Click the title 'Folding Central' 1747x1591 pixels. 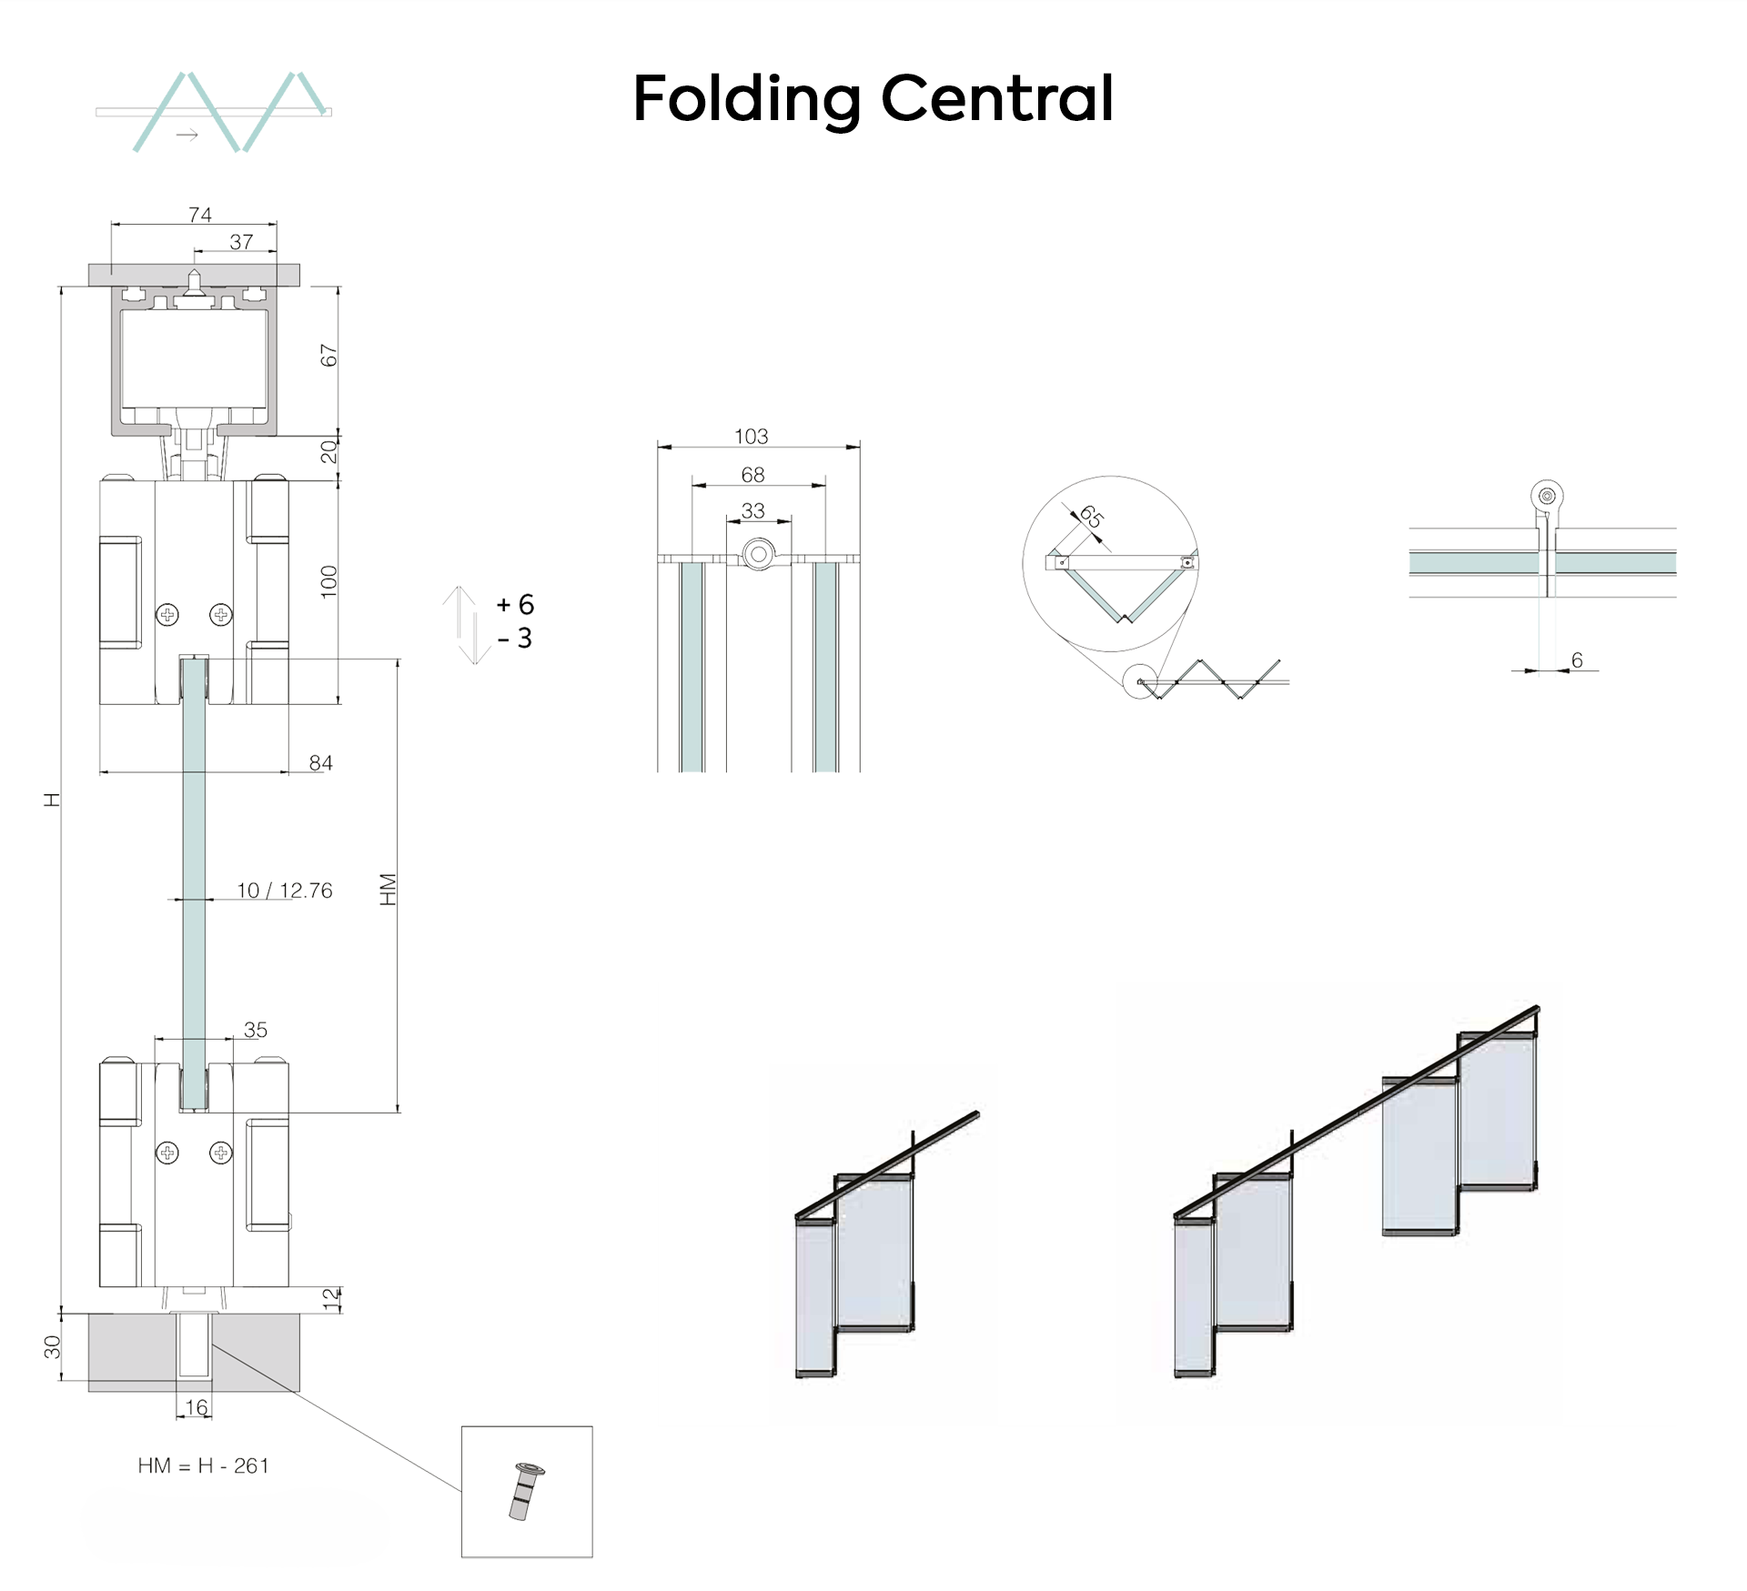coord(873,100)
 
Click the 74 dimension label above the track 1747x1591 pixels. coord(200,215)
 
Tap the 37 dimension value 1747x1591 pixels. coord(241,242)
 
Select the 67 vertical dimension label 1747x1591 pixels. coord(328,356)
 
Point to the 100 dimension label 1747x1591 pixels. coord(328,581)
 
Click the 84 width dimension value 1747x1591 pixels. coord(320,762)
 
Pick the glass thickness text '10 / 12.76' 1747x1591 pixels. coord(285,891)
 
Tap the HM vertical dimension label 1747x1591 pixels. coord(389,890)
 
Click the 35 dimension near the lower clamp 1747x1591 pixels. coord(256,1030)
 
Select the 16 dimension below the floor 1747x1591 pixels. coord(197,1407)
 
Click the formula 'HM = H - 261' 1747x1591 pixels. coord(204,1465)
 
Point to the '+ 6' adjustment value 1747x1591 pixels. coord(515,605)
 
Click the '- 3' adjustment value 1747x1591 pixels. coord(515,639)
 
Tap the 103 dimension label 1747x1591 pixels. coord(752,437)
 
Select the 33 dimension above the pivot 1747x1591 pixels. coord(752,510)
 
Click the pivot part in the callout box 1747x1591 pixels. coord(524,1492)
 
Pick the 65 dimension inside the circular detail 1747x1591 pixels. coord(1091,518)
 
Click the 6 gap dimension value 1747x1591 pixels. coord(1577,660)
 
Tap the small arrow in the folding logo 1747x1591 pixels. coord(187,136)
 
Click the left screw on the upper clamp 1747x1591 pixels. coord(167,615)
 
